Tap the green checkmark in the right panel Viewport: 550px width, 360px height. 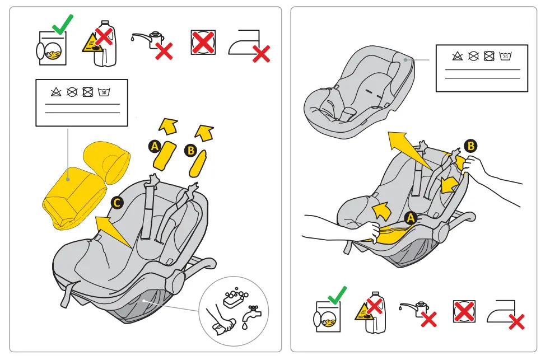tap(337, 295)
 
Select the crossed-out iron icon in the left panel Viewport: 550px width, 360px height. tap(247, 44)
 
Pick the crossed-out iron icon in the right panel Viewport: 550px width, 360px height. tap(504, 314)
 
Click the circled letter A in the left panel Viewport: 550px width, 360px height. tap(155, 147)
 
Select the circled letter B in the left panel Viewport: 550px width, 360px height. tap(190, 150)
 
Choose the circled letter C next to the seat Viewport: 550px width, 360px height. tap(116, 203)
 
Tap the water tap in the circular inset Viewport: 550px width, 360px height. tap(250, 315)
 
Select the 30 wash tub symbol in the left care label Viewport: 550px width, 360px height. tap(104, 92)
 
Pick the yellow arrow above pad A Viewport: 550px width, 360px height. tap(167, 127)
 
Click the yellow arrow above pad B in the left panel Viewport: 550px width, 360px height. tap(204, 132)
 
